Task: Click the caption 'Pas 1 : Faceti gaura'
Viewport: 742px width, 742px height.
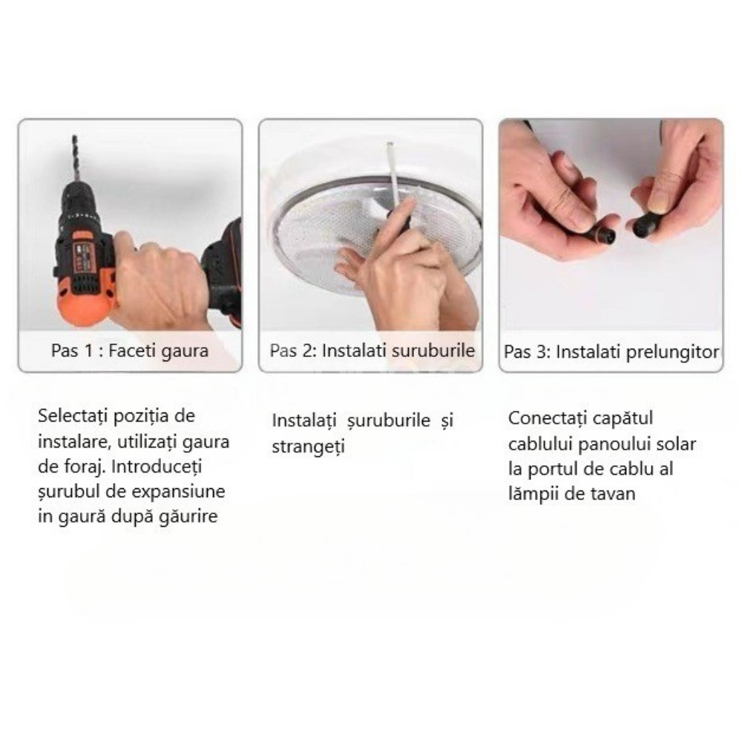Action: tap(130, 351)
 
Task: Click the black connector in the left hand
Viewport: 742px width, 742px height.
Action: tap(602, 235)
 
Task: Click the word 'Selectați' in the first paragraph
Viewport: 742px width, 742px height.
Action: tap(73, 416)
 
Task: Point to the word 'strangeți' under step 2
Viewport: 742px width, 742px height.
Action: tap(308, 447)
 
